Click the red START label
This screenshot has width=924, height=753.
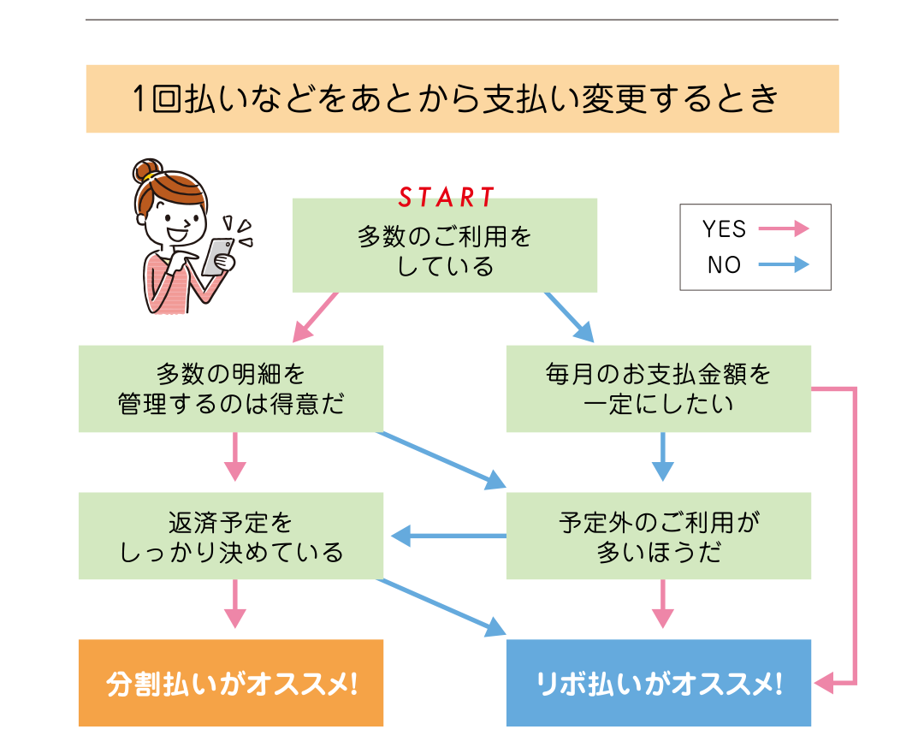[x=447, y=198]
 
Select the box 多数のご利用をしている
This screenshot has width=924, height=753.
[x=445, y=249]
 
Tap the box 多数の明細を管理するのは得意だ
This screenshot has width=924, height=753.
[x=231, y=388]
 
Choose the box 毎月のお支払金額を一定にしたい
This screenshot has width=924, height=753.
[x=658, y=388]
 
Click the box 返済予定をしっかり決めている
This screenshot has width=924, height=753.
[x=231, y=536]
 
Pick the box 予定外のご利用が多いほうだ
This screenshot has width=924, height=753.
[x=658, y=536]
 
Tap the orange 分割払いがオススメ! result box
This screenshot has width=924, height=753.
[x=231, y=684]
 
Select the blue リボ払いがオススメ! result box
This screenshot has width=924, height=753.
[x=658, y=684]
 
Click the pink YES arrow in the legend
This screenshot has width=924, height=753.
[x=783, y=228]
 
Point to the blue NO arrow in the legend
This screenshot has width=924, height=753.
[x=783, y=264]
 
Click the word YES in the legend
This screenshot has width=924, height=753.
[x=724, y=229]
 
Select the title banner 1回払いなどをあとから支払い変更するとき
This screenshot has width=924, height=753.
[x=462, y=99]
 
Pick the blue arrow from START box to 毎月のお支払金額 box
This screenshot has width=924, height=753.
[x=569, y=317]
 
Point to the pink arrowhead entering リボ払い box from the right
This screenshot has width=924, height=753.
[x=823, y=683]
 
